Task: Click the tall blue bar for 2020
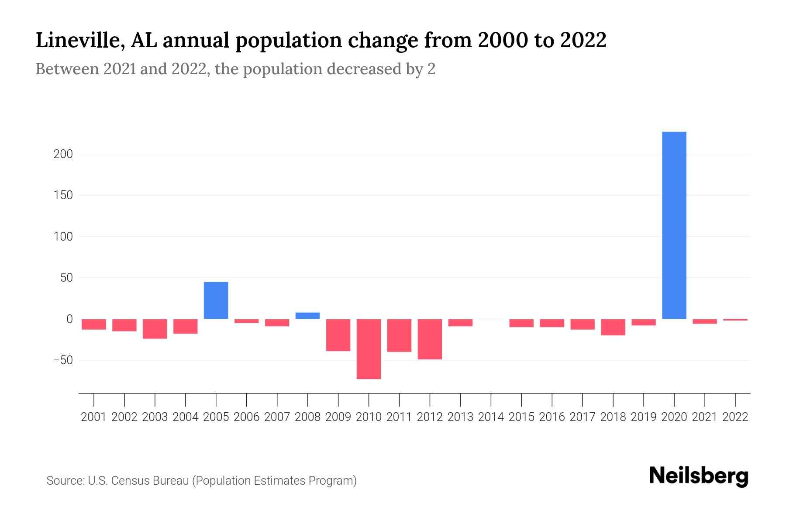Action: coord(674,225)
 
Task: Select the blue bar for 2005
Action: coord(216,300)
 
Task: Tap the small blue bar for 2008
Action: coord(307,316)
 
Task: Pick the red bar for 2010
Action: coord(369,349)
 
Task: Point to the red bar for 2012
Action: coord(430,339)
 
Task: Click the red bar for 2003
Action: coord(155,329)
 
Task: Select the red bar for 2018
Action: coord(613,327)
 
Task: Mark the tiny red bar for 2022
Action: coord(735,320)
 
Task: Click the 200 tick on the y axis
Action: coord(63,154)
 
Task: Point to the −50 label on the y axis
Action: coord(63,360)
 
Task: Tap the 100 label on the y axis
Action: coord(63,237)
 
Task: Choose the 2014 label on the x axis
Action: coord(491,417)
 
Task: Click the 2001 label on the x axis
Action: coord(94,417)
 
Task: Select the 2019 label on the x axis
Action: coord(644,417)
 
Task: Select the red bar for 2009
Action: coord(338,335)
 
